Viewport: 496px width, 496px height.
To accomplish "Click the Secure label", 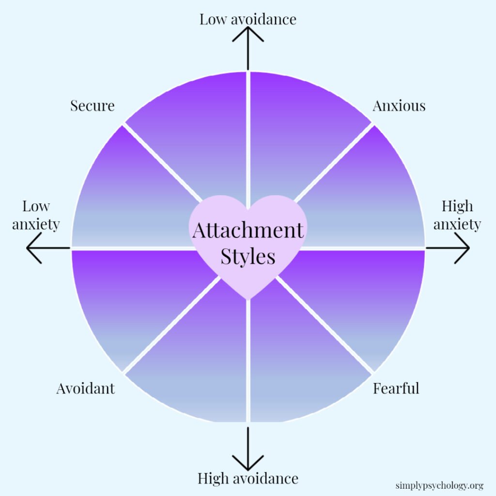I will (x=92, y=106).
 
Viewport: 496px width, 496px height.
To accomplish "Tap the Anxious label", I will (x=399, y=106).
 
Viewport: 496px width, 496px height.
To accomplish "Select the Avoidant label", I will (x=85, y=388).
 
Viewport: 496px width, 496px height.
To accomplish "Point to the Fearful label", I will (x=396, y=388).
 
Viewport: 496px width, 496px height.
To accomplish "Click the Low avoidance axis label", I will (x=248, y=19).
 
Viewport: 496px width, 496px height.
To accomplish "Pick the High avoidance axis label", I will (x=248, y=479).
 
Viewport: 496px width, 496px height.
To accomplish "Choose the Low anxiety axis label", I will (x=36, y=215).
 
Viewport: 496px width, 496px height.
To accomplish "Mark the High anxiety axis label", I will (x=457, y=215).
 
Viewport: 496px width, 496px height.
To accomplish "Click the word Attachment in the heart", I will (x=248, y=230).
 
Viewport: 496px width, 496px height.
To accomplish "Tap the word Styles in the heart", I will (x=248, y=256).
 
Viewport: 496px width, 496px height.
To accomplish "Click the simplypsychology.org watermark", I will (x=439, y=485).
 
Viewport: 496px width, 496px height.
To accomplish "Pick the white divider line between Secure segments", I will (x=162, y=162).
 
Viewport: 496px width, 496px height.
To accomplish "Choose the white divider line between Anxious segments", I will (x=334, y=162).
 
